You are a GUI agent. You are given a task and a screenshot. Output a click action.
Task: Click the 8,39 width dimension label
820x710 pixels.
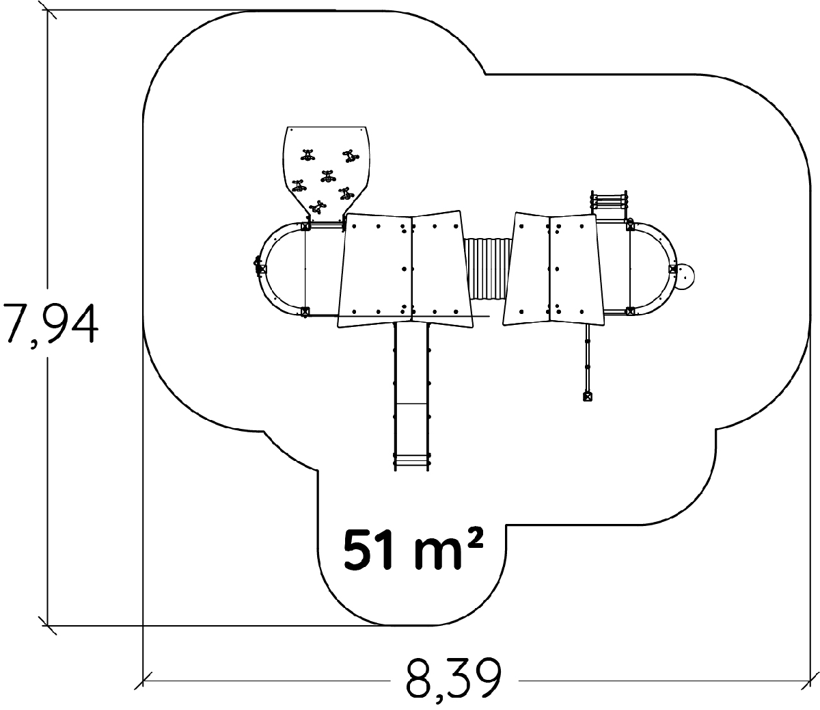pyautogui.click(x=454, y=682)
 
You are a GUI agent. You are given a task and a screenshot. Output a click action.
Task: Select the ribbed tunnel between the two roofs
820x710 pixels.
pyautogui.click(x=488, y=269)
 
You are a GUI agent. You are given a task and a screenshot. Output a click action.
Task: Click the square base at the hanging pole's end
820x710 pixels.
pyautogui.click(x=588, y=396)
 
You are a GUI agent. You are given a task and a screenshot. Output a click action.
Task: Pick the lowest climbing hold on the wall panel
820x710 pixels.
pyautogui.click(x=317, y=207)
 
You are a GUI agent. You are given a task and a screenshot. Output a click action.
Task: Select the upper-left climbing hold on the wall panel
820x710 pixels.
pyautogui.click(x=307, y=155)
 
